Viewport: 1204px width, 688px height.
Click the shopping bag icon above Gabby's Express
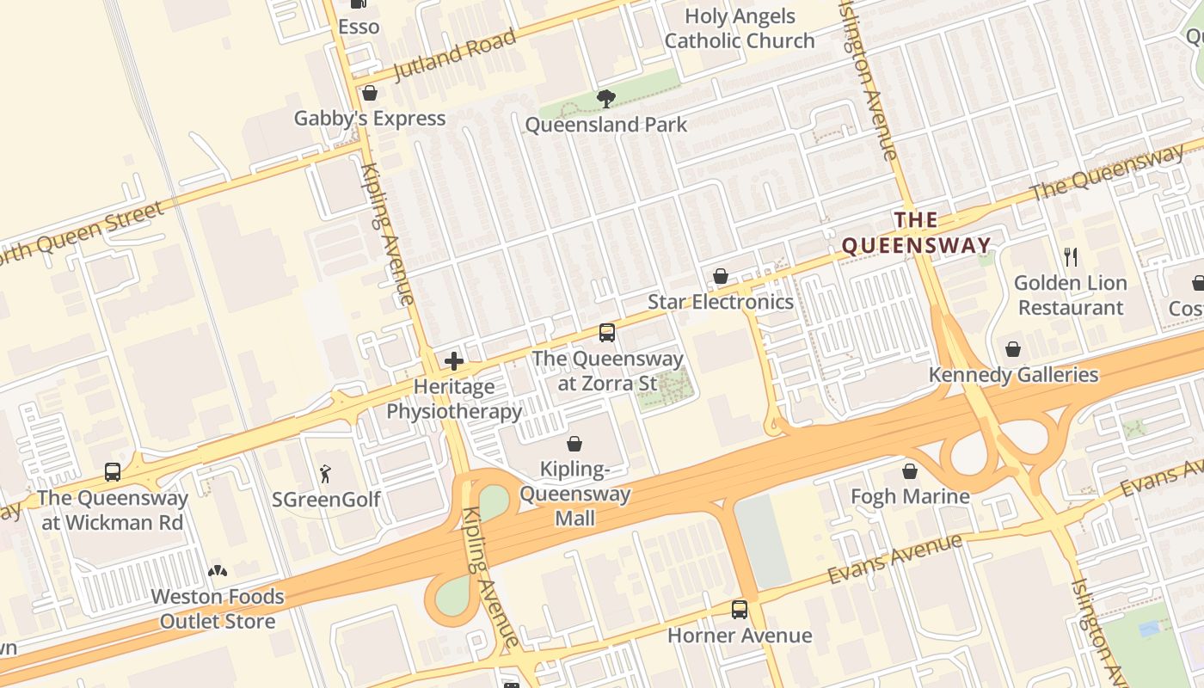370,93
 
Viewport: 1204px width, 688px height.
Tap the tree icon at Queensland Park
605,99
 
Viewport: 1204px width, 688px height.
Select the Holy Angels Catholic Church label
740,28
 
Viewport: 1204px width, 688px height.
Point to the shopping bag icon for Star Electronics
721,276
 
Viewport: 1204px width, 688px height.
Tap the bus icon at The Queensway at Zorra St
607,333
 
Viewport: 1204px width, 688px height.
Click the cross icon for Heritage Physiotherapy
454,361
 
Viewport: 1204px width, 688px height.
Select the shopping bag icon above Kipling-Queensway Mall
574,444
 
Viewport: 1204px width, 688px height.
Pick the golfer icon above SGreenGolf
325,473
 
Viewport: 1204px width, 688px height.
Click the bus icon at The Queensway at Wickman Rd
113,471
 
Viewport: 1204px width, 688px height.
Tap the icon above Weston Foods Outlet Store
218,570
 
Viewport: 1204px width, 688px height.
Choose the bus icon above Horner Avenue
740,610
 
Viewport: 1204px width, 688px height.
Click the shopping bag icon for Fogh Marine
910,471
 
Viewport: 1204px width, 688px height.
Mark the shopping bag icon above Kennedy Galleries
1013,349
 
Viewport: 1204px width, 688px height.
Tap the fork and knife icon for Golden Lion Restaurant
1071,256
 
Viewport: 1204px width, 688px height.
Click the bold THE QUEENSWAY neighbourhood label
916,233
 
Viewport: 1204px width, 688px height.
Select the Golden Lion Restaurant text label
1070,295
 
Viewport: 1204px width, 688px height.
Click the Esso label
359,27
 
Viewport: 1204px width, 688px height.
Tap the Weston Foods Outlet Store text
218,609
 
